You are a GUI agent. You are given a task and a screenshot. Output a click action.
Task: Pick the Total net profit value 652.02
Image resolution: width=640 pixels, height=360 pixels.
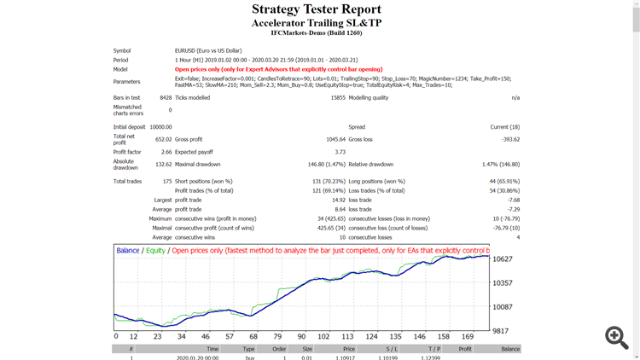click(x=162, y=139)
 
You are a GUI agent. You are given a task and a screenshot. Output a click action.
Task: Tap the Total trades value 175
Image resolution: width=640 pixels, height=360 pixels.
click(x=166, y=181)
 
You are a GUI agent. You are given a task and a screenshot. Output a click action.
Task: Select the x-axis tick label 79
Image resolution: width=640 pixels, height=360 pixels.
click(x=276, y=336)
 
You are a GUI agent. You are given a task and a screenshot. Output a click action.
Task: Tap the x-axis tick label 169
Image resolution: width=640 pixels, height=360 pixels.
click(x=468, y=336)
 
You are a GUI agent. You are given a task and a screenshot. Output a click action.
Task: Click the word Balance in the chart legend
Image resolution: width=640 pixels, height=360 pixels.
click(x=128, y=251)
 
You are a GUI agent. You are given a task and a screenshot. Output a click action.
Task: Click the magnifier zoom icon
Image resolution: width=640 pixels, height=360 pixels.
click(x=616, y=337)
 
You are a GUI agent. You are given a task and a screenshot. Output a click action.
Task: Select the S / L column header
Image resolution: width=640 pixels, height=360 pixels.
click(x=391, y=349)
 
